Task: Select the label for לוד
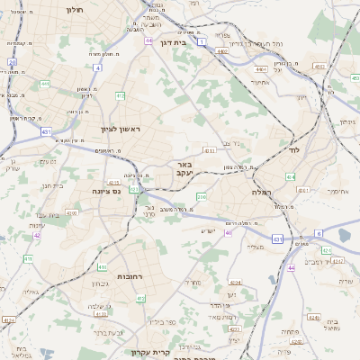click(x=293, y=150)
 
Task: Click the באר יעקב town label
click(x=184, y=170)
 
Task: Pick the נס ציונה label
click(x=106, y=191)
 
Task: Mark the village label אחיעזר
click(x=260, y=82)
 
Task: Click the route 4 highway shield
click(x=96, y=67)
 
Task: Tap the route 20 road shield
click(x=12, y=62)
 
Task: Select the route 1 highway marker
click(x=202, y=41)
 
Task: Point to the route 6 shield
click(x=318, y=233)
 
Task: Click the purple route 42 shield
click(x=37, y=235)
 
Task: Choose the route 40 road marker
click(x=228, y=232)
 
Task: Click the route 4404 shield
click(x=318, y=66)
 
